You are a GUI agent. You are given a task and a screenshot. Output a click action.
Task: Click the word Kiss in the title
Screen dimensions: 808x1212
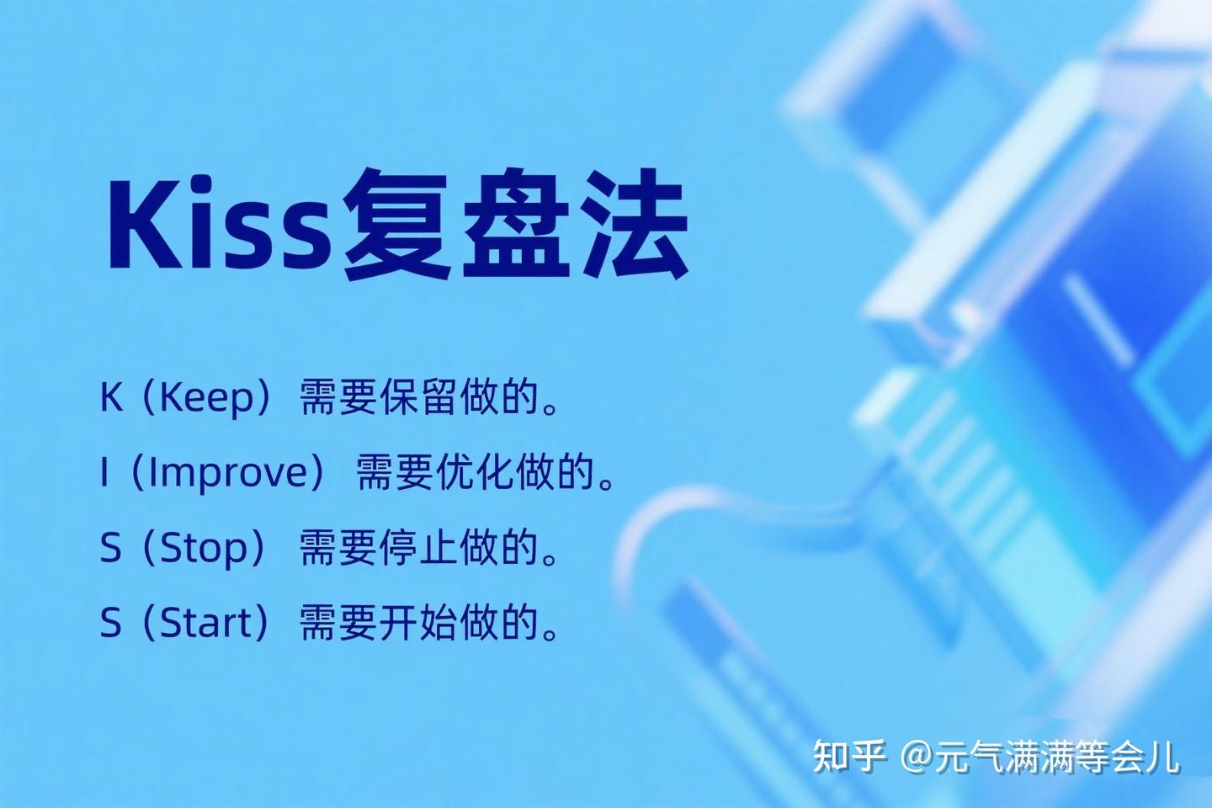coord(217,222)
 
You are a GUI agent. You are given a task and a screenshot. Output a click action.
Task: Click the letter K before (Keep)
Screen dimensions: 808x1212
coord(111,396)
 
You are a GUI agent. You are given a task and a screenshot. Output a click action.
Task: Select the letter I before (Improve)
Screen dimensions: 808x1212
coord(104,472)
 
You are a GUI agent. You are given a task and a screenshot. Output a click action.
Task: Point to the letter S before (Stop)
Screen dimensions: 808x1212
coord(110,548)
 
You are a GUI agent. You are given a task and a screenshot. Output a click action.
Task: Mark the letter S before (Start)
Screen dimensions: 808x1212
coord(110,624)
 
